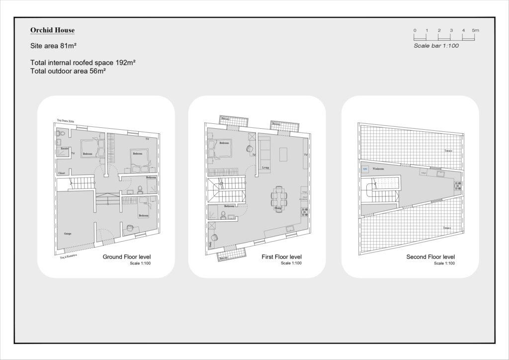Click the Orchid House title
52,30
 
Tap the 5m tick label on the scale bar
475,31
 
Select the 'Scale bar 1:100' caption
436,46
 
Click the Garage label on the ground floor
68,233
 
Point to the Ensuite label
65,148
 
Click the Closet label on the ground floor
62,173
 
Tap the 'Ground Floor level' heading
127,257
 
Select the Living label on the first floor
266,168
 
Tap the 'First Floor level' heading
282,257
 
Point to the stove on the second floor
457,186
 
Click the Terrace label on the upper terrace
448,151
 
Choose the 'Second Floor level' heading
430,257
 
